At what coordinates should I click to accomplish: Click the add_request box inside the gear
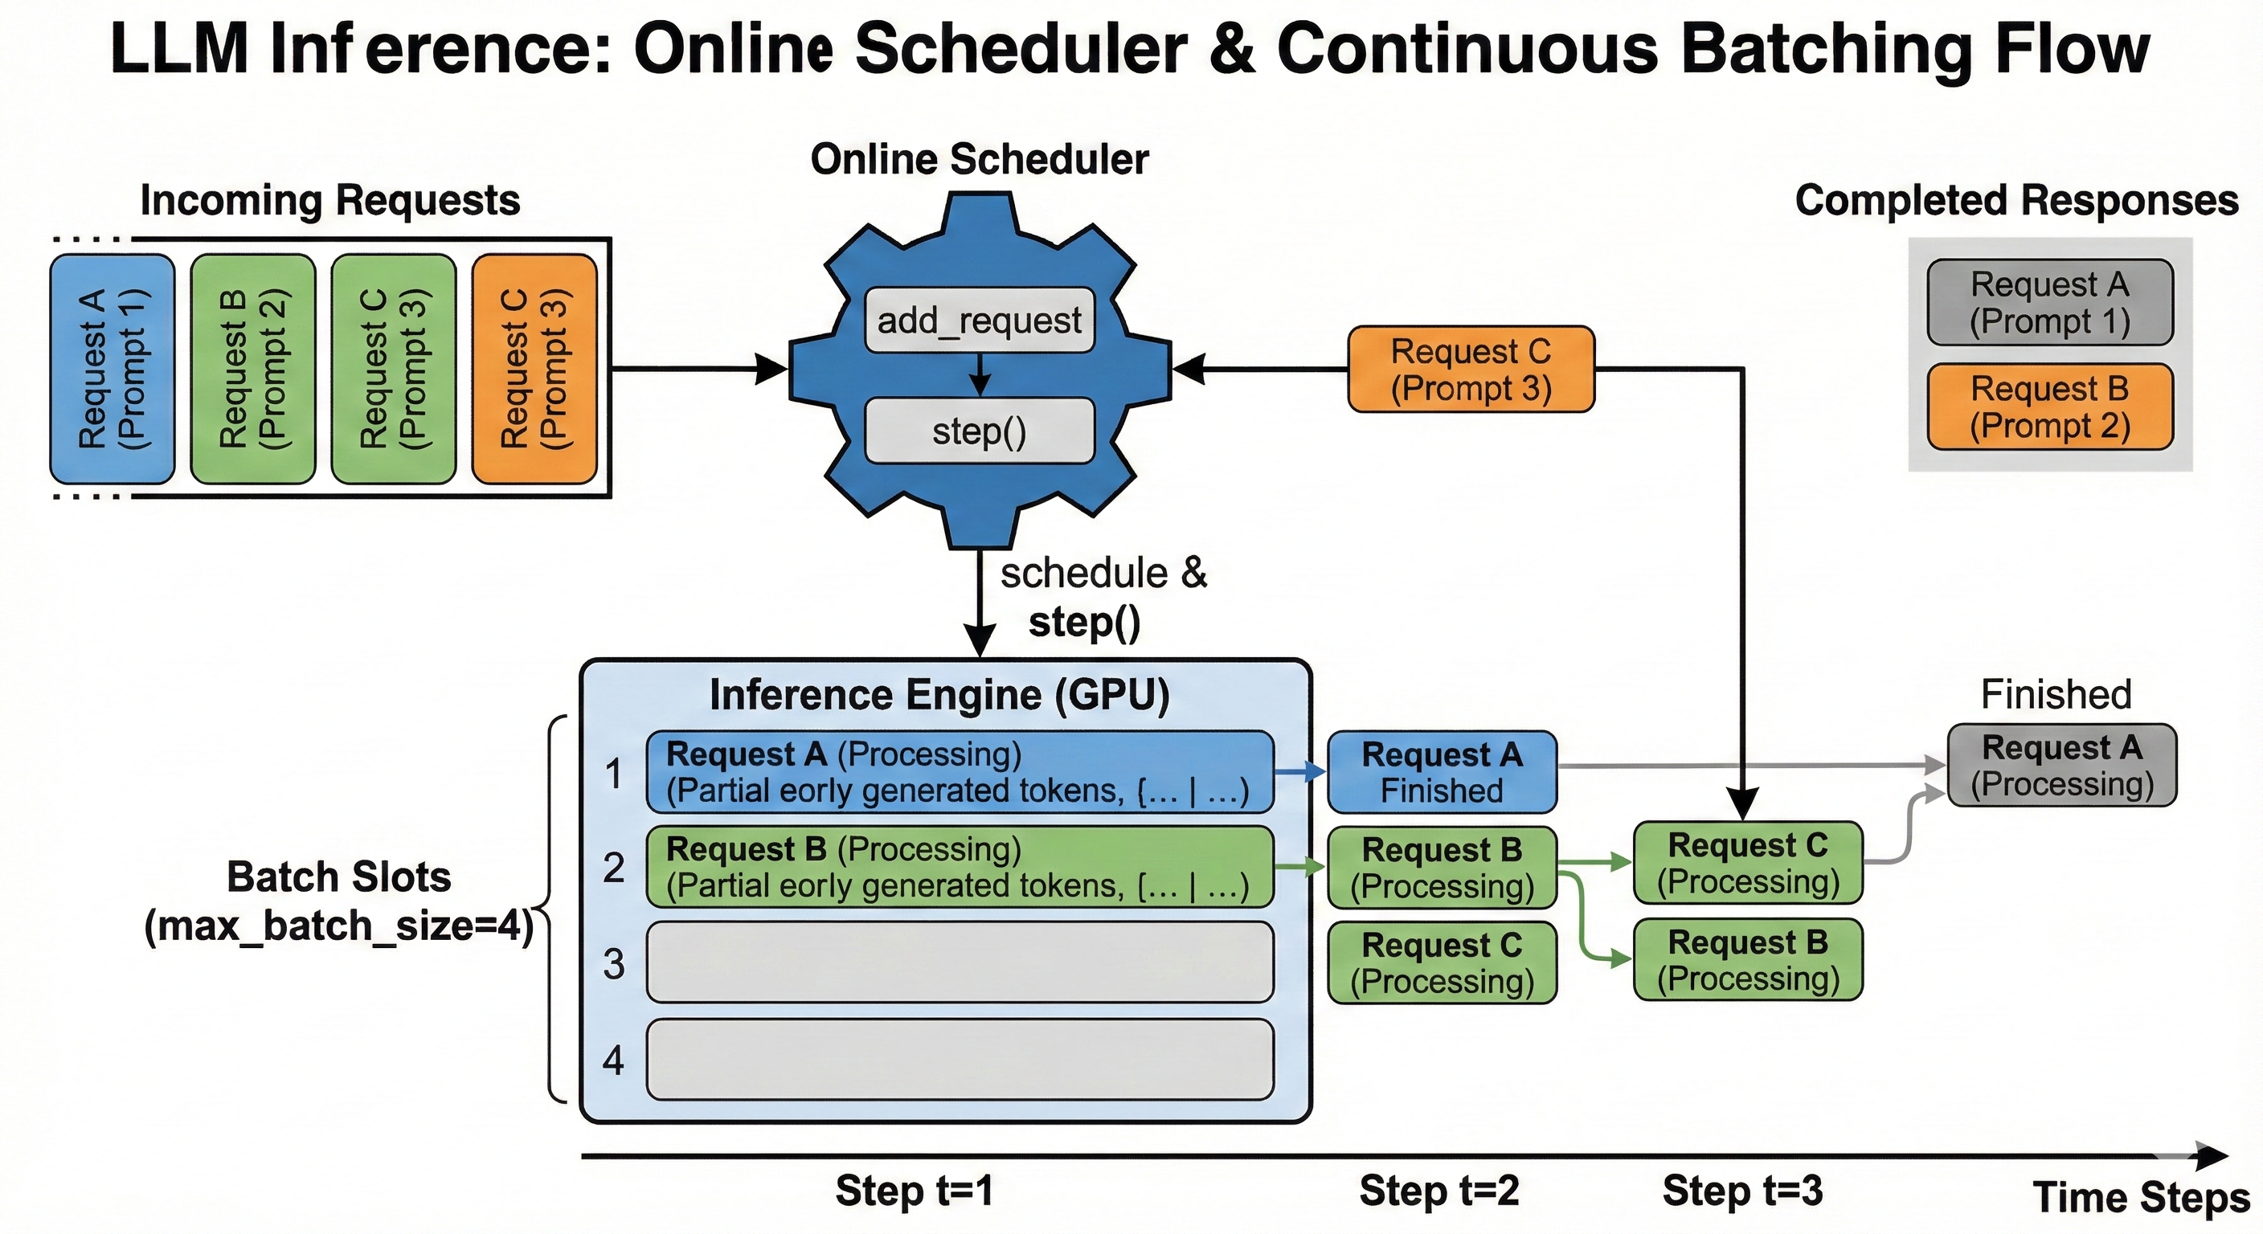click(980, 321)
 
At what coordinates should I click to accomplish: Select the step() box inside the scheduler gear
click(980, 431)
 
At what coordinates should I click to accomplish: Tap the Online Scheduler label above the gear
click(980, 160)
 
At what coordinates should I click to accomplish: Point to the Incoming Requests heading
click(330, 201)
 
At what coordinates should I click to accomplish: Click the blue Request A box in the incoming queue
click(113, 369)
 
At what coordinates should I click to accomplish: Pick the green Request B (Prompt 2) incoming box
click(253, 369)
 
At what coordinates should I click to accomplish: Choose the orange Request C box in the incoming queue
click(535, 369)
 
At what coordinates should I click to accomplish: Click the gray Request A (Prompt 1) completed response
click(2050, 303)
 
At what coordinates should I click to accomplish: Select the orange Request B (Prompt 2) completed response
click(2050, 407)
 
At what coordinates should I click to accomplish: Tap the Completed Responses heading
click(2017, 201)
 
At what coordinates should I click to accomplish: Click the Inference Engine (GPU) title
click(940, 695)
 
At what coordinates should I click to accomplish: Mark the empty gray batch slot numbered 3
click(960, 962)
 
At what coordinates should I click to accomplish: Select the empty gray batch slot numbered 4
click(960, 1059)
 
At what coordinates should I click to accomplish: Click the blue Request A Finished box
click(1442, 772)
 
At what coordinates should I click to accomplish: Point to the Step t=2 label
click(1439, 1191)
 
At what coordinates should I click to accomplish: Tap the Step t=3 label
click(1743, 1191)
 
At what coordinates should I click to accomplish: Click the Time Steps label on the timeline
click(2142, 1198)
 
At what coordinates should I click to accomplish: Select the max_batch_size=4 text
click(339, 926)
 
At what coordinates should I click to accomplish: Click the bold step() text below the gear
click(1084, 623)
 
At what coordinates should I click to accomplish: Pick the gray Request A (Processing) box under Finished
click(2062, 765)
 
